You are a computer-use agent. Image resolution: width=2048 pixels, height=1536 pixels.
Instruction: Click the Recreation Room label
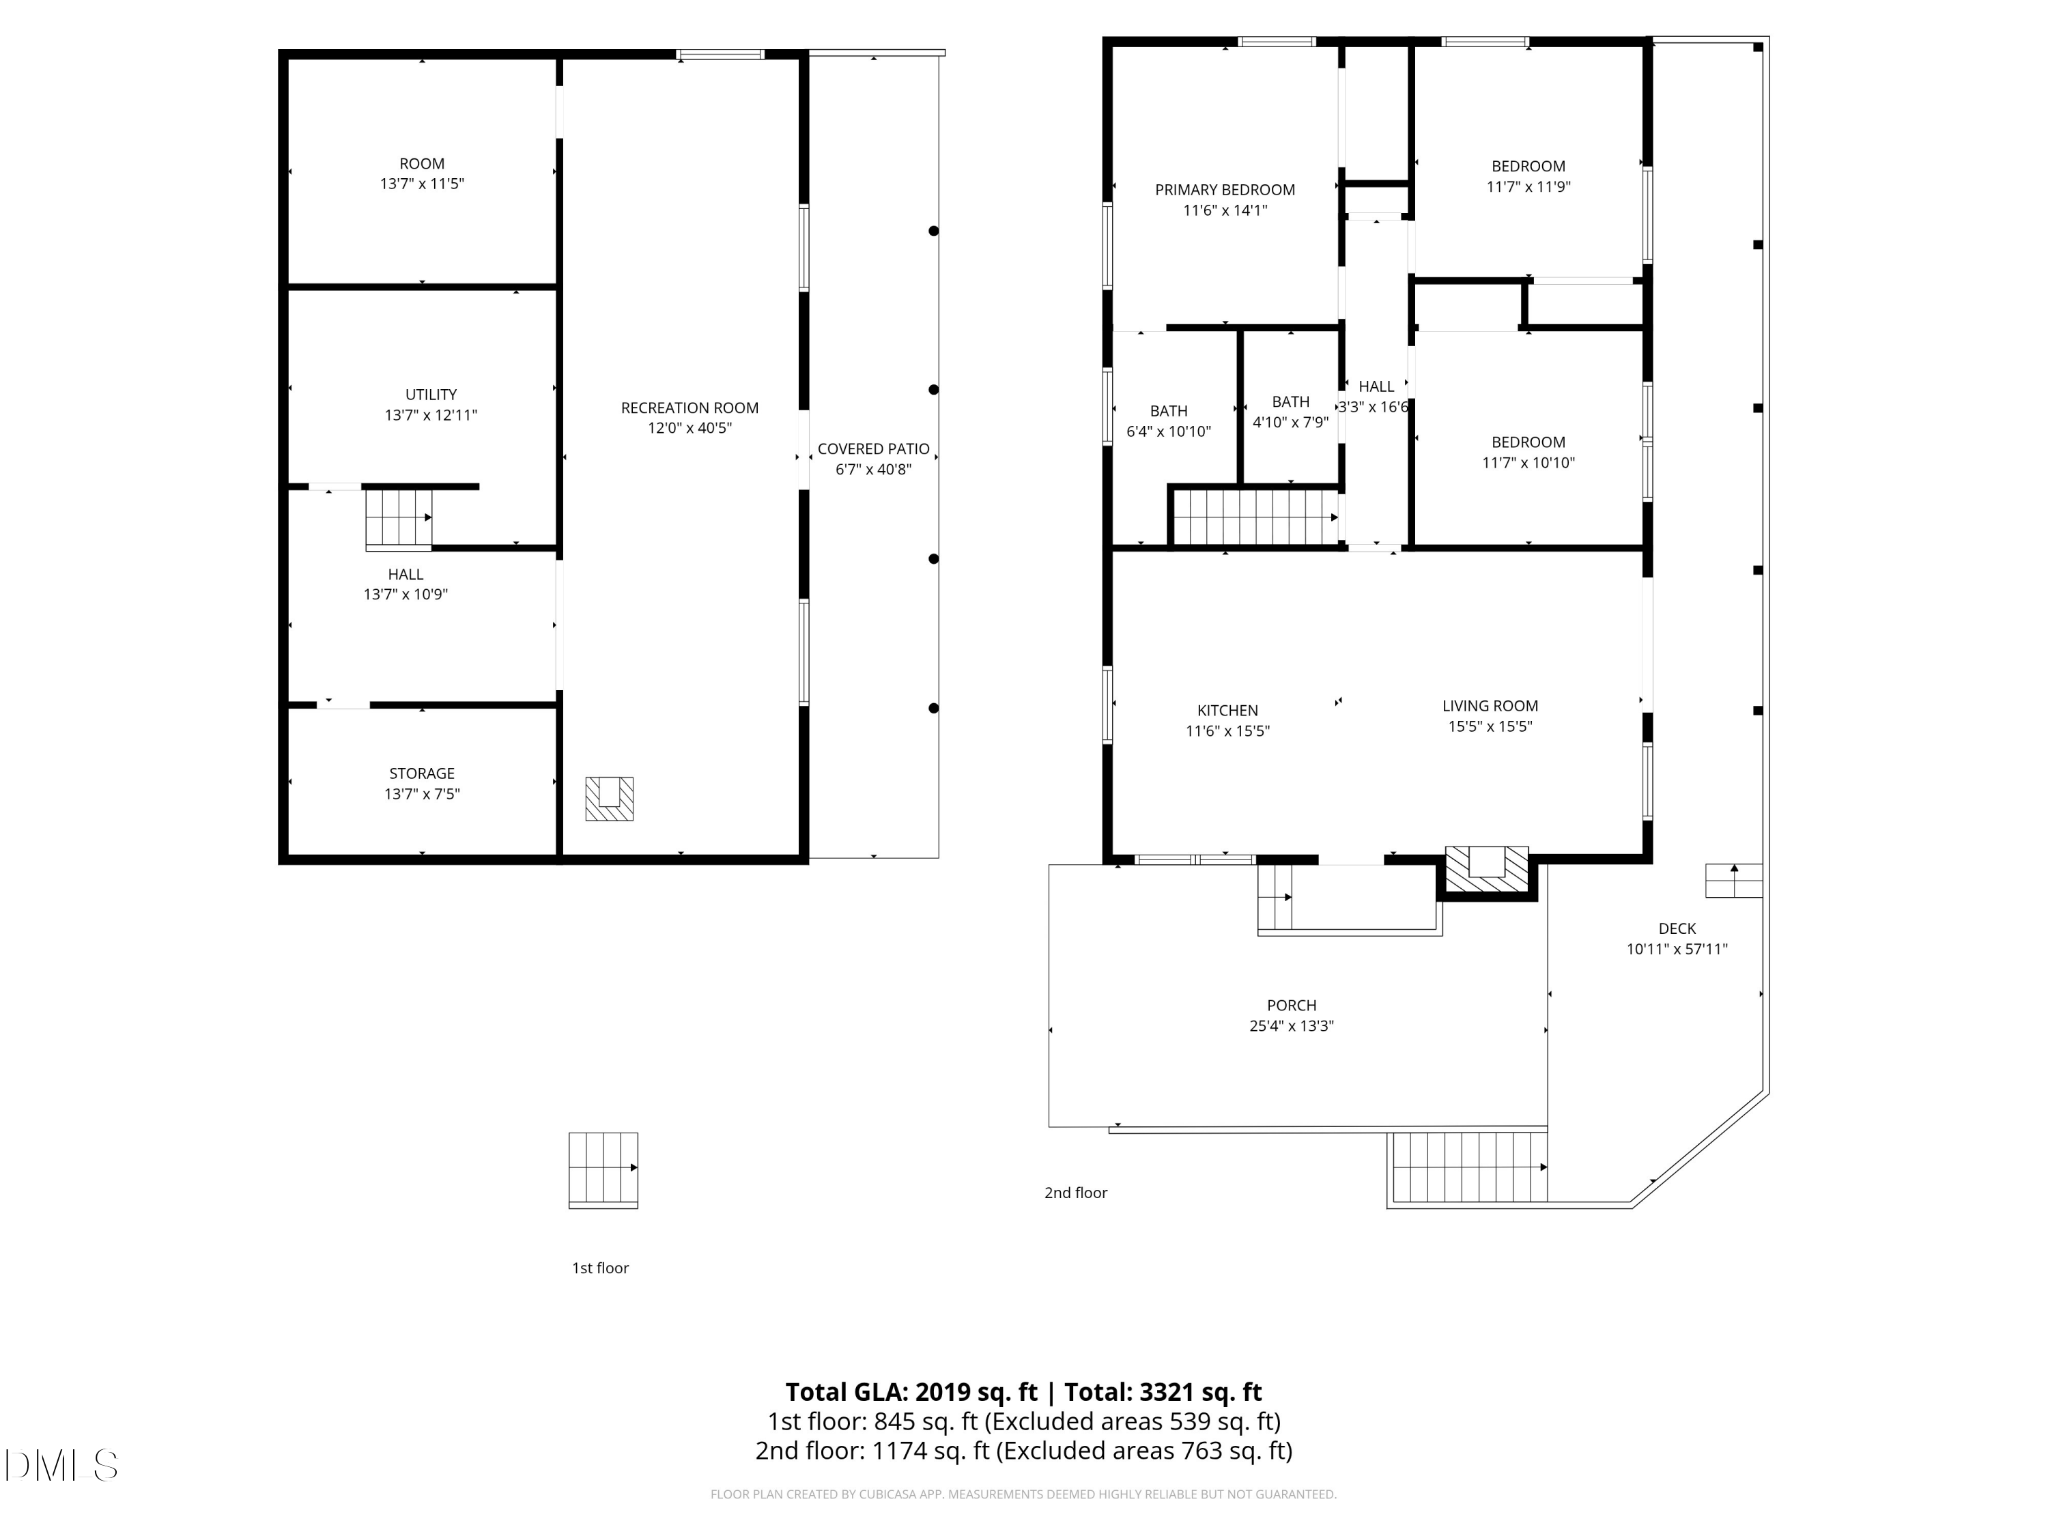pyautogui.click(x=689, y=408)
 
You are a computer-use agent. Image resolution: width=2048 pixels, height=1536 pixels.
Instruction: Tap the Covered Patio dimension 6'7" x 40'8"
pyautogui.click(x=873, y=470)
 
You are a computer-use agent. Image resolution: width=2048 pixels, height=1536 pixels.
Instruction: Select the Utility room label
pyautogui.click(x=431, y=395)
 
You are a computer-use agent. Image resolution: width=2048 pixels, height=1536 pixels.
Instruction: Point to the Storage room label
pyautogui.click(x=421, y=773)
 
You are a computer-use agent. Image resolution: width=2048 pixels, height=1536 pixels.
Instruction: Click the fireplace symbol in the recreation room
pyautogui.click(x=609, y=798)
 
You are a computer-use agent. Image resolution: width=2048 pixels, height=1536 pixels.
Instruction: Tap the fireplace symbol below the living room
pyautogui.click(x=1487, y=870)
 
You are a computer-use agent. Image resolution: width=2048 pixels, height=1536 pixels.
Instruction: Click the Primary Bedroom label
pyautogui.click(x=1225, y=190)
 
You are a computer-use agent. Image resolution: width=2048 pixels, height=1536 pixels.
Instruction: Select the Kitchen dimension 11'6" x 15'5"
pyautogui.click(x=1227, y=731)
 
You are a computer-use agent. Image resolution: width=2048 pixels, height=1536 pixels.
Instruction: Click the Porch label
pyautogui.click(x=1292, y=1006)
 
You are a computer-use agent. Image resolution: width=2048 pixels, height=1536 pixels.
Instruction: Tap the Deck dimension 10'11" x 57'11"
pyautogui.click(x=1677, y=949)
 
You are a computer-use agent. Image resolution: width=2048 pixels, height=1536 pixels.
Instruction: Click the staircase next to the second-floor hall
pyautogui.click(x=1255, y=517)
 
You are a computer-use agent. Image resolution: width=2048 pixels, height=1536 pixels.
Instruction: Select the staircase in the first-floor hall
pyautogui.click(x=399, y=518)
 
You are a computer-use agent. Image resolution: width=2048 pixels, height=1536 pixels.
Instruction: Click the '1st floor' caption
pyautogui.click(x=600, y=1268)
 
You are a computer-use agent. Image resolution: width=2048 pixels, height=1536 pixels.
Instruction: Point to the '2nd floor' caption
pyautogui.click(x=1076, y=1193)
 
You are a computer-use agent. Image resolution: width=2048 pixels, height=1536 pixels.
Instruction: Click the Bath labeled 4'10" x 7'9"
pyautogui.click(x=1291, y=402)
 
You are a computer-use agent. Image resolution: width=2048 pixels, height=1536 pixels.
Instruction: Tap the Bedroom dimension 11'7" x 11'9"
pyautogui.click(x=1528, y=187)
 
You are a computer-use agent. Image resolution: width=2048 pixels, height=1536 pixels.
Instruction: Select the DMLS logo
pyautogui.click(x=61, y=1466)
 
